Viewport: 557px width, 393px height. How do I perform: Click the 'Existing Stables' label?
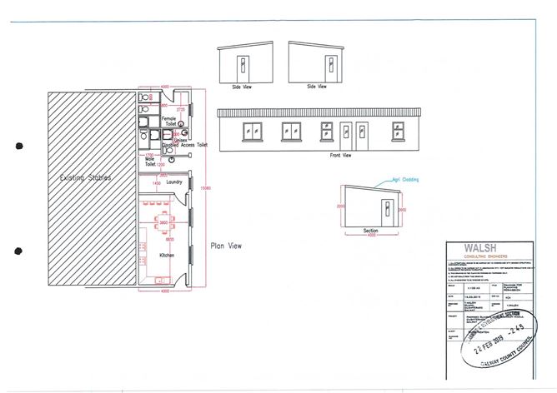click(87, 177)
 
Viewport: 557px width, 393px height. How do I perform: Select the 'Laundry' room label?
click(174, 181)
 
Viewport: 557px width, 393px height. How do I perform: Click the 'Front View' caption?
click(341, 155)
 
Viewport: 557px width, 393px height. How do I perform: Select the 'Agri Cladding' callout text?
click(407, 179)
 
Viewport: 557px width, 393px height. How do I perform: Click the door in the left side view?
click(241, 65)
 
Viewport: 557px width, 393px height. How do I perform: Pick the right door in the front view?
click(362, 132)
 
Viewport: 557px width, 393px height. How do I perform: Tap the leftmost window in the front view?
click(251, 130)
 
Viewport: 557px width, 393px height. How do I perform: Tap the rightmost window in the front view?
click(398, 130)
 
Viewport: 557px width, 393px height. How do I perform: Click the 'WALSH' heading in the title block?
click(481, 247)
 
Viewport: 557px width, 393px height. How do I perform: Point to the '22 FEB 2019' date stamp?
click(499, 345)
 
